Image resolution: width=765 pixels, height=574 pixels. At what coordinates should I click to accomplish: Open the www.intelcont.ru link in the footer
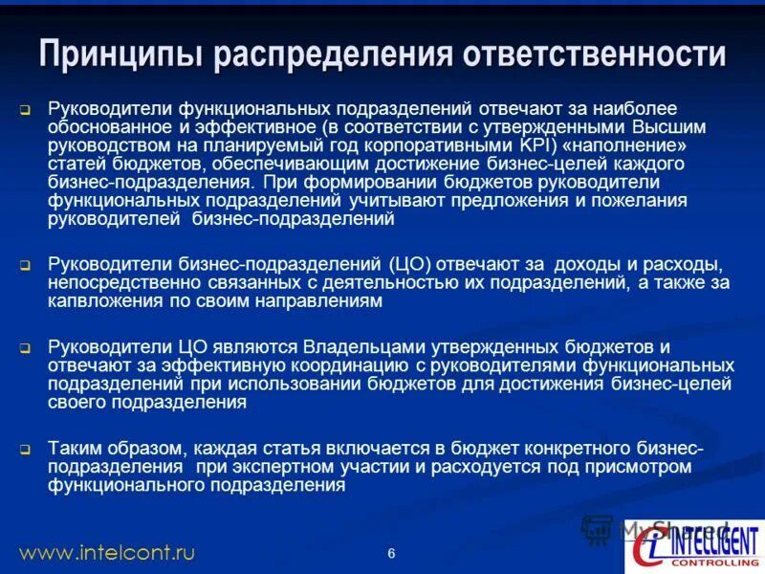(x=107, y=552)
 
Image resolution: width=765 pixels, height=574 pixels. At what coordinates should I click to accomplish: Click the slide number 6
(x=391, y=553)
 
